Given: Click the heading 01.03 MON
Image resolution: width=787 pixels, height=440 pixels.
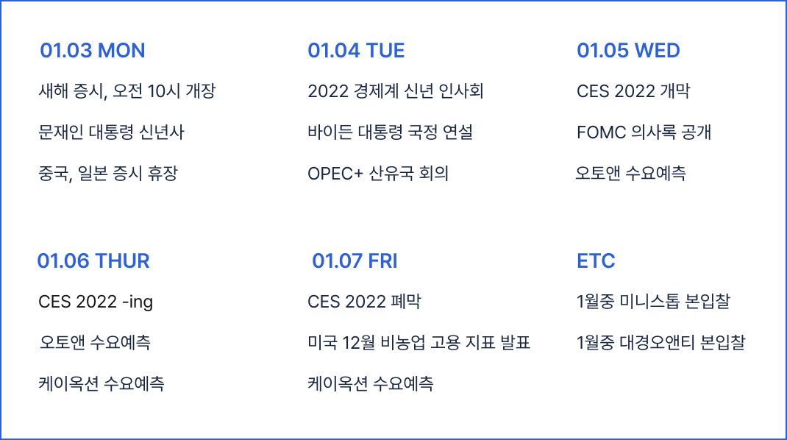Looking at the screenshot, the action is (x=93, y=51).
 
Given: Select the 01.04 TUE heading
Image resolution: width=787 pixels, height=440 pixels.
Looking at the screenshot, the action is (x=356, y=51).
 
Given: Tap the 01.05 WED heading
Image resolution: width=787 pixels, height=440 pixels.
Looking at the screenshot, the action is (x=628, y=51).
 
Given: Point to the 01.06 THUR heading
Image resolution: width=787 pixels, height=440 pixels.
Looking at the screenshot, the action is (x=93, y=261).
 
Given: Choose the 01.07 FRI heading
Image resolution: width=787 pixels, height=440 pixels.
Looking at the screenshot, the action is (x=355, y=261).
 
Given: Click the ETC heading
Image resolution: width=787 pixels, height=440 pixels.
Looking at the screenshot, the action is (x=596, y=261).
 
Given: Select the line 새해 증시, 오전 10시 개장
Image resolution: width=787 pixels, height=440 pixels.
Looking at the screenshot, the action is (x=127, y=91).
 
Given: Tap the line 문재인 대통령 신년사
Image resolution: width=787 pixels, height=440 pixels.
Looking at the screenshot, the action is (x=111, y=132).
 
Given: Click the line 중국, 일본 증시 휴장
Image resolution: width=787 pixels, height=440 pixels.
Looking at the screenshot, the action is (x=108, y=174).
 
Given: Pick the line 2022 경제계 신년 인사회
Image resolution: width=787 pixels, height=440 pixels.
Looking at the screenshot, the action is (x=396, y=91).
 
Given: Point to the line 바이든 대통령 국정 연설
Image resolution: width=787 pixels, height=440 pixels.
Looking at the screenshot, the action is (x=390, y=132).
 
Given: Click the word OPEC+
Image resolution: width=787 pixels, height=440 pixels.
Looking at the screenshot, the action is (x=335, y=174).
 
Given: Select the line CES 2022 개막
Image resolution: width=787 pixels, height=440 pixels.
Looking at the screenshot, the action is (x=633, y=91).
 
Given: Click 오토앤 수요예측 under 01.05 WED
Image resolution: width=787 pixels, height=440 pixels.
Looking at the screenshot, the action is (x=630, y=174).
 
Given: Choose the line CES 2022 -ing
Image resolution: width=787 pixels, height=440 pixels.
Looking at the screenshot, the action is (x=96, y=302).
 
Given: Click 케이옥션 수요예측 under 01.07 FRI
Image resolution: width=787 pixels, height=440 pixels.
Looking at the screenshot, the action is (x=371, y=384).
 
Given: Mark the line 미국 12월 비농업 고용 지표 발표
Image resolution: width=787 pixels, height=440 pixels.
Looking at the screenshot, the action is (x=419, y=343).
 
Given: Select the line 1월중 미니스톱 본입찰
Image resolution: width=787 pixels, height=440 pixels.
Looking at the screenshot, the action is (x=653, y=302).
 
